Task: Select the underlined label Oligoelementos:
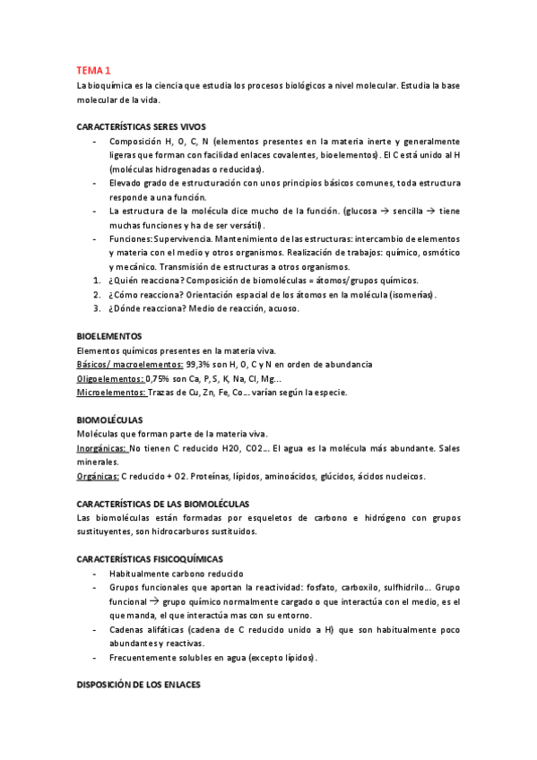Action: (x=105, y=379)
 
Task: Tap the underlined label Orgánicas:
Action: (x=98, y=476)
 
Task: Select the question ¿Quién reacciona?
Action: (x=142, y=281)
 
